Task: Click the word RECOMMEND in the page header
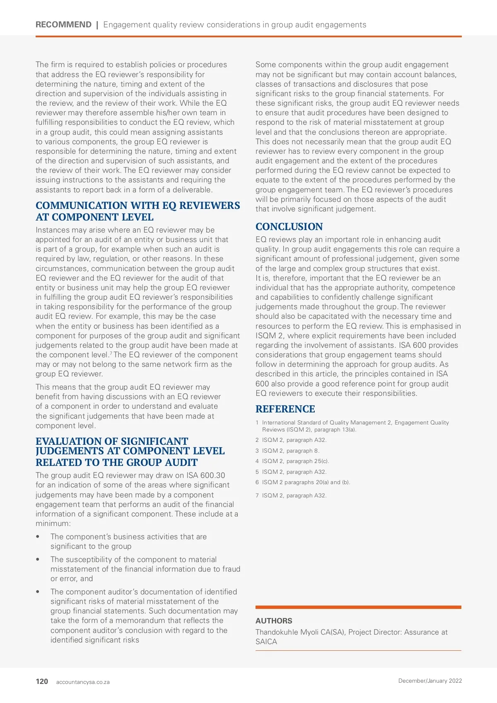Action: click(x=63, y=25)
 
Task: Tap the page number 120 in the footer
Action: click(x=42, y=681)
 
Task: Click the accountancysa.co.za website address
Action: click(x=83, y=682)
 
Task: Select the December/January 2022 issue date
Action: click(x=430, y=681)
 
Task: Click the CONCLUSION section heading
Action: click(x=289, y=227)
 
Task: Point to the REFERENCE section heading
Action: click(x=285, y=409)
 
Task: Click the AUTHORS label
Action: click(x=274, y=621)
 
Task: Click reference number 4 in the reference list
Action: click(x=257, y=461)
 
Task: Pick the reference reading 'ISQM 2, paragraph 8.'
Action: click(x=290, y=451)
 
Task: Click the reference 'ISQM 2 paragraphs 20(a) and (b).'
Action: click(x=306, y=482)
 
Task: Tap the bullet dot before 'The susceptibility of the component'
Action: click(x=38, y=560)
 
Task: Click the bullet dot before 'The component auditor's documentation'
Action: click(x=38, y=592)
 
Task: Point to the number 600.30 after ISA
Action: click(x=212, y=475)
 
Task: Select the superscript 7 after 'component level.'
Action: click(x=111, y=353)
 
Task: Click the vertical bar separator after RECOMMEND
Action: click(x=97, y=25)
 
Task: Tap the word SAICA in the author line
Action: click(x=266, y=642)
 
